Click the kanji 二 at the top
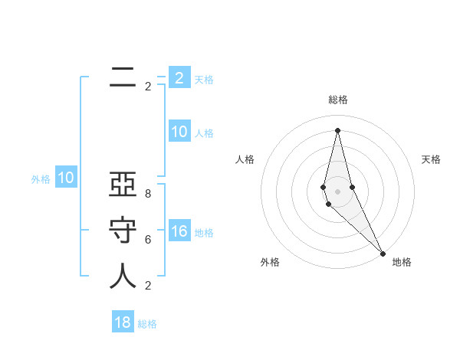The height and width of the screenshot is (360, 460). (123, 77)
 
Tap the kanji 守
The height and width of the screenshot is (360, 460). (123, 231)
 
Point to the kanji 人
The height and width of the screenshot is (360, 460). (123, 277)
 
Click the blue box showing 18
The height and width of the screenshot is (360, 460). (123, 322)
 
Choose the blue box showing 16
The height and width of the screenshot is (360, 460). (179, 231)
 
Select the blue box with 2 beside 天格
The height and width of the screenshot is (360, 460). (179, 77)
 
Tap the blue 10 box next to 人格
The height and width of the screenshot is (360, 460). (179, 132)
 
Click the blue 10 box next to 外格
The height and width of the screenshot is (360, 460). (66, 178)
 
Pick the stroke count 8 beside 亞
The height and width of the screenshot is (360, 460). (147, 194)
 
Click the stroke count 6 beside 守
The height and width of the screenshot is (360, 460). (147, 240)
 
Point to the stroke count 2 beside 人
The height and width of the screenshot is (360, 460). (147, 286)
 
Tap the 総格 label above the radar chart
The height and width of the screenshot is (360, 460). (338, 100)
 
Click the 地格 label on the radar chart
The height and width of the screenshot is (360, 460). (402, 262)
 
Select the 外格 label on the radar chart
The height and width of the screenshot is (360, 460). (270, 262)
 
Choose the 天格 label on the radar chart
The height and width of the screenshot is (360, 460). (431, 159)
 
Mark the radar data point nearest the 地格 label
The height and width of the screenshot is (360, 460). (383, 252)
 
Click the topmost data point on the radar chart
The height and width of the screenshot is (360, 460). (337, 130)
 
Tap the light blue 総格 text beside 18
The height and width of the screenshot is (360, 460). (147, 324)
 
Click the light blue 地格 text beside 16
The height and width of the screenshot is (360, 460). (204, 233)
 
